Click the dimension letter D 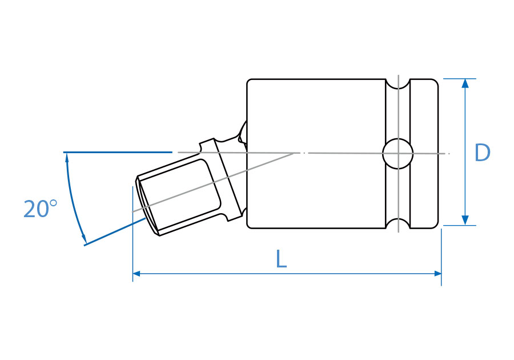[483, 153]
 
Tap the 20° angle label [40, 209]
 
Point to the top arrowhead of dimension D [465, 83]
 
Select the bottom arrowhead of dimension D [465, 220]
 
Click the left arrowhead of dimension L [137, 274]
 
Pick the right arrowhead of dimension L [437, 274]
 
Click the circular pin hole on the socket [397, 153]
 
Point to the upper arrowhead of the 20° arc [67, 157]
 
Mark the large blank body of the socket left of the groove [314, 183]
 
